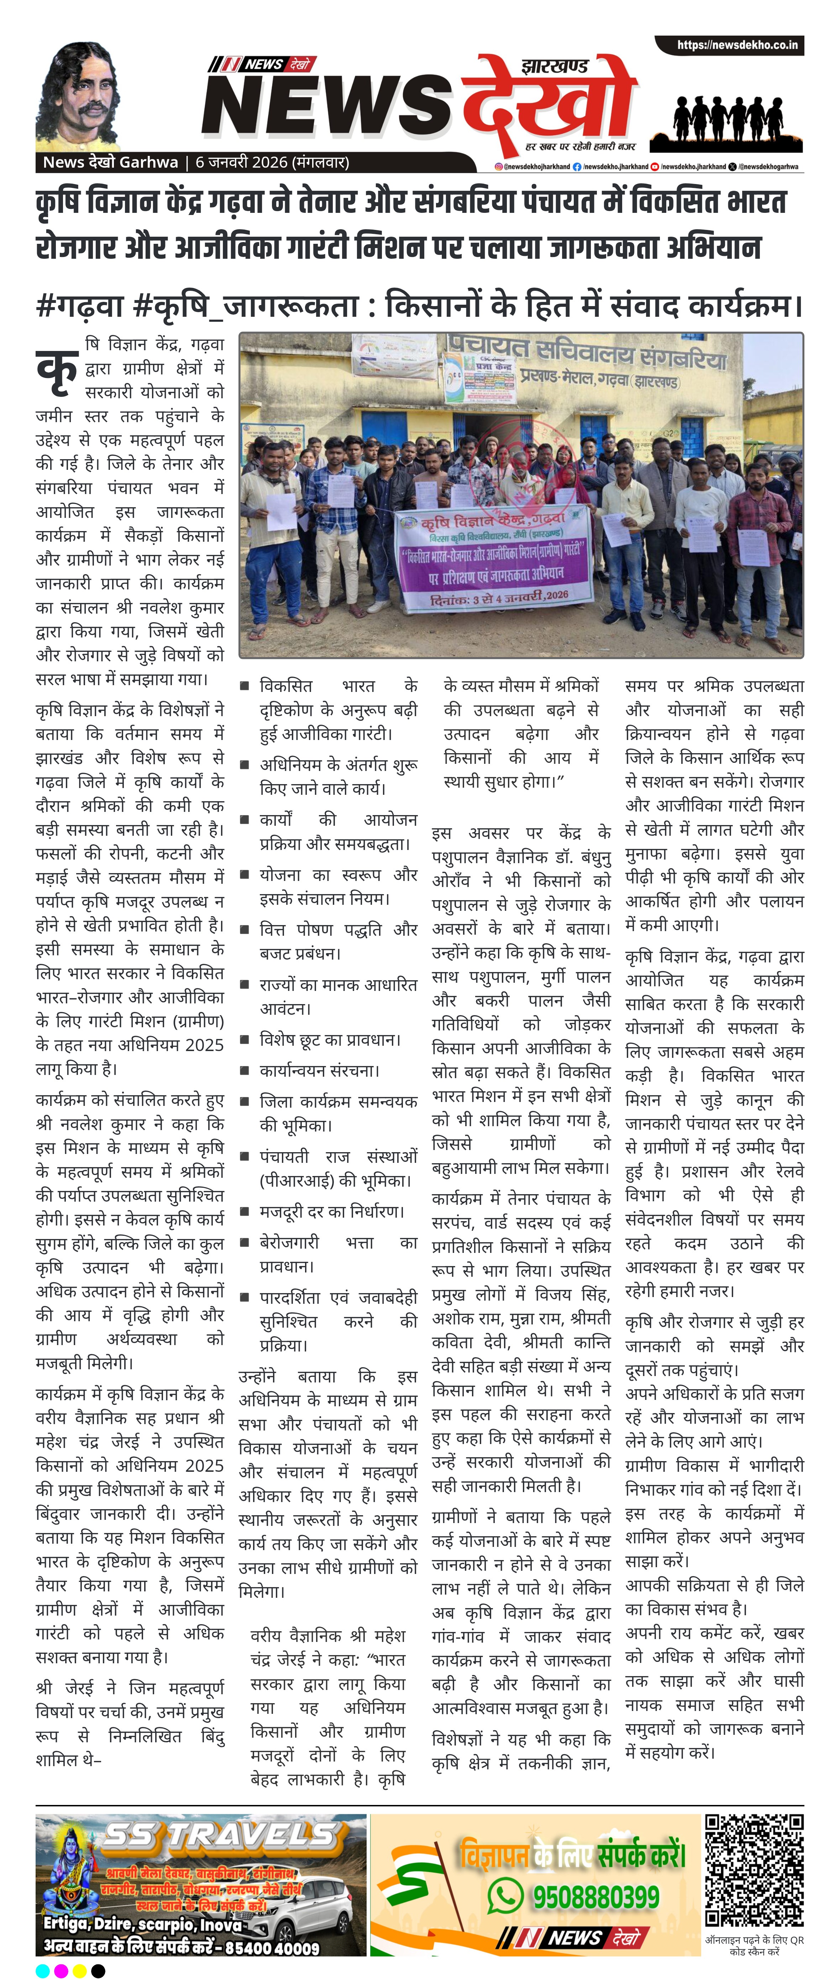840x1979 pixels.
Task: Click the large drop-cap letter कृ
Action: pos(58,367)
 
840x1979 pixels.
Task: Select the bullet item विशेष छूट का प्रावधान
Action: pos(330,1039)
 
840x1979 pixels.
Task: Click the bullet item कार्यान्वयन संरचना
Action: pos(320,1070)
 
